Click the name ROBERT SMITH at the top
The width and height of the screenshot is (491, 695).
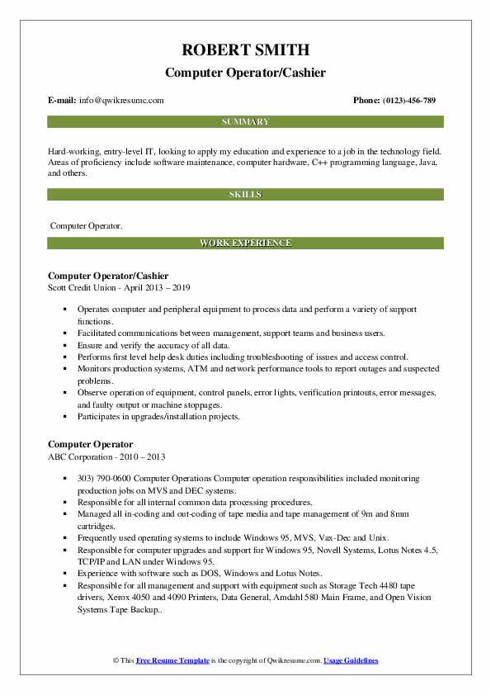click(x=245, y=50)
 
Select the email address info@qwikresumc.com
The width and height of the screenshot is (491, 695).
click(x=121, y=101)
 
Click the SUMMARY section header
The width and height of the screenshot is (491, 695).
click(x=245, y=122)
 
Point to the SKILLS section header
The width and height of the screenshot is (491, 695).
click(x=245, y=194)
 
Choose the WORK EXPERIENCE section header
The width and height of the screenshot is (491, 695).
click(x=245, y=243)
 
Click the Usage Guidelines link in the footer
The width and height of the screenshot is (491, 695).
click(x=351, y=661)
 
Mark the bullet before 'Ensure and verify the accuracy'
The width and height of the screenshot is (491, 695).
click(x=63, y=344)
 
